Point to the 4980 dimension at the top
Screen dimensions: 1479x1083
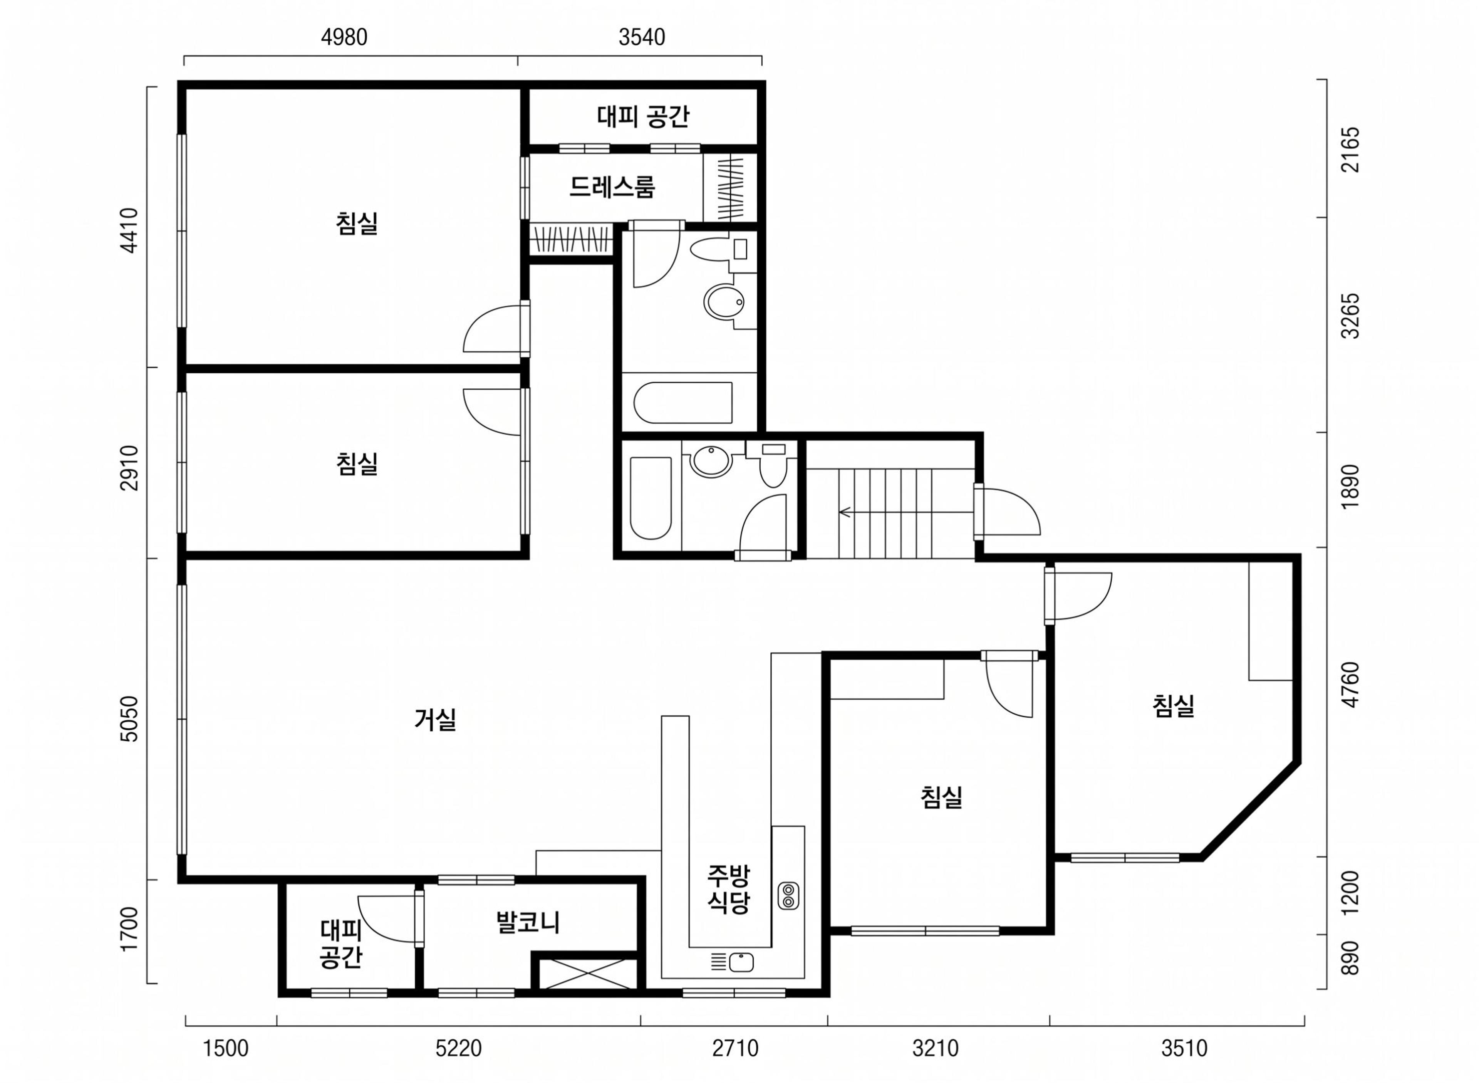click(344, 37)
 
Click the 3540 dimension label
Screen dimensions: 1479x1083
click(642, 37)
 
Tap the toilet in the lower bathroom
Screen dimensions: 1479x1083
click(773, 465)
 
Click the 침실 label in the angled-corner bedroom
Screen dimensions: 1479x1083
click(1173, 705)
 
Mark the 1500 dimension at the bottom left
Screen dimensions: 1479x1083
click(225, 1048)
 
